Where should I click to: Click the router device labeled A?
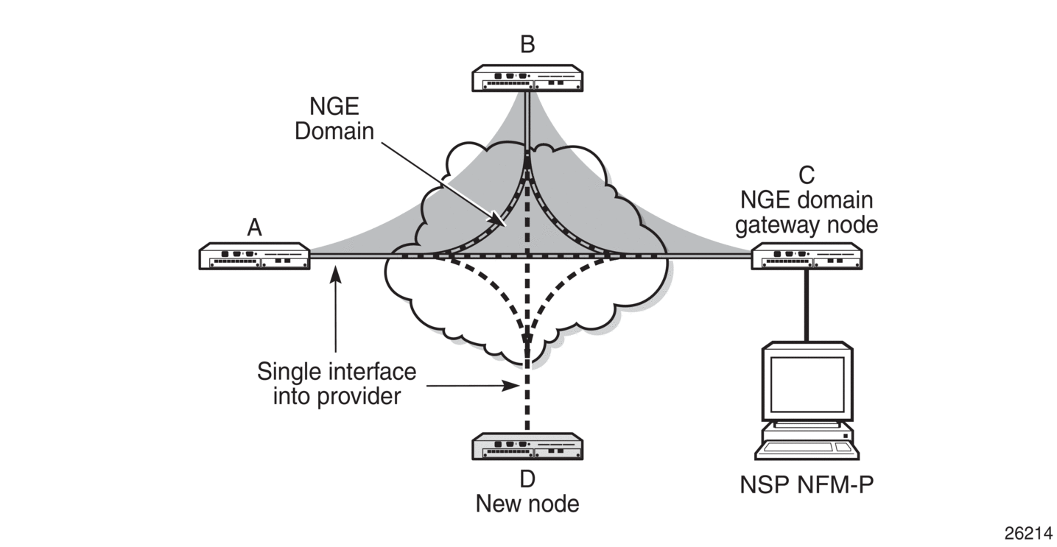[254, 256]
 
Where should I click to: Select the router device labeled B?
[527, 77]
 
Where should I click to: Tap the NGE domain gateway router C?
[807, 256]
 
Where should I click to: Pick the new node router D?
[527, 447]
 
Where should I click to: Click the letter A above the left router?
[254, 228]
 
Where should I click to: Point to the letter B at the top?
[527, 45]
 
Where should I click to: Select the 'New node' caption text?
[527, 504]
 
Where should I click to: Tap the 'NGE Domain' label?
[334, 120]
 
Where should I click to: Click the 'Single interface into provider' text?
[336, 384]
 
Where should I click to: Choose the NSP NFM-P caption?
[807, 486]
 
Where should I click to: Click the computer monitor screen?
[807, 384]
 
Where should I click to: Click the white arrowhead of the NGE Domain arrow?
[499, 220]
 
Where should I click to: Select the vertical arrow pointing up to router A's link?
[336, 309]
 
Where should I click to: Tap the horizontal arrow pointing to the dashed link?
[471, 385]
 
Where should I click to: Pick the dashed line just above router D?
[527, 412]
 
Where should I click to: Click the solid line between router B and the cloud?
[527, 118]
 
